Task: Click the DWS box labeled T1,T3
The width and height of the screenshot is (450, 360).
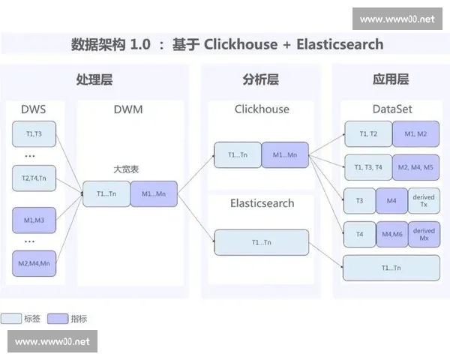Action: (34, 134)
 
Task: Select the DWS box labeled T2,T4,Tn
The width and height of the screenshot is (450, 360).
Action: (34, 178)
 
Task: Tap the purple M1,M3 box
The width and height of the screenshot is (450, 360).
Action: (34, 220)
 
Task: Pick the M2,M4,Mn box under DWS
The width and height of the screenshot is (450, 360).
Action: (34, 263)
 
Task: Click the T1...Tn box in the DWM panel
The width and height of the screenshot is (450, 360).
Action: (106, 193)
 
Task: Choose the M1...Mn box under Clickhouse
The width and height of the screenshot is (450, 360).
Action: (285, 154)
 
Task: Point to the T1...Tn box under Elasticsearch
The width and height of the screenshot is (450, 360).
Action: (261, 241)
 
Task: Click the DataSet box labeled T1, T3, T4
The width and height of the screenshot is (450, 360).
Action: (367, 167)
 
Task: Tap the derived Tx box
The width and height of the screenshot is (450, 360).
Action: (424, 201)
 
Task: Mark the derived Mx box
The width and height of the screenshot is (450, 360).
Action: (424, 235)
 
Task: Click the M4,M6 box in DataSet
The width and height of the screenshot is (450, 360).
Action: (392, 235)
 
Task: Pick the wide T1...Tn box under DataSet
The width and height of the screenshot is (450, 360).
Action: (391, 268)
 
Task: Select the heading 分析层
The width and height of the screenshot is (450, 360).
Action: (261, 79)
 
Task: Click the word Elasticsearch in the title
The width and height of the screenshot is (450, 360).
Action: (340, 44)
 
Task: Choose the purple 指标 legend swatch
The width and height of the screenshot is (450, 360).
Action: (58, 319)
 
